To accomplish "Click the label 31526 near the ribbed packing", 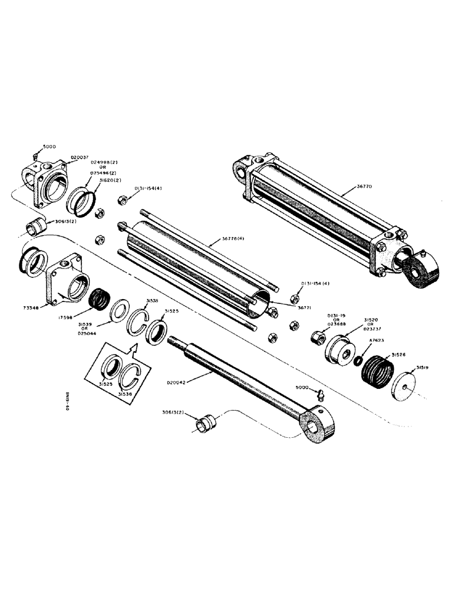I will (x=400, y=355).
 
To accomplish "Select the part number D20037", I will (x=79, y=158).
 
